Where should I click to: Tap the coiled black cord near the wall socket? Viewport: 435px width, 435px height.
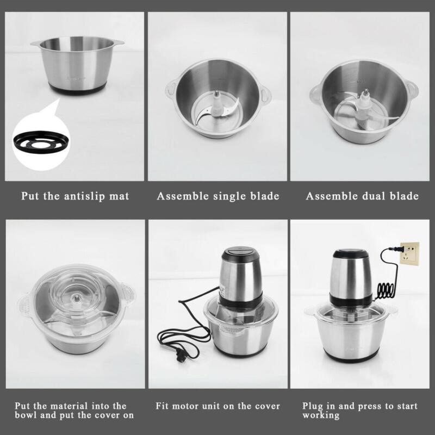[x=386, y=288]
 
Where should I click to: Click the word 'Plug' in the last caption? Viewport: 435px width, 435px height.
[x=313, y=406]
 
